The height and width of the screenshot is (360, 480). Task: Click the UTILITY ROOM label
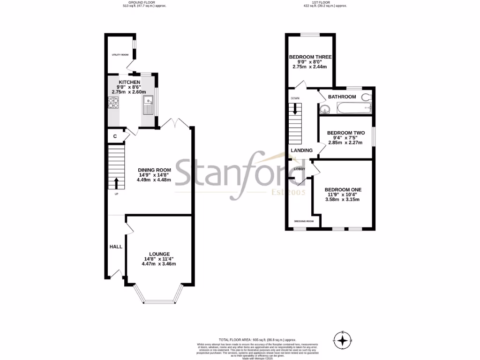tap(120, 55)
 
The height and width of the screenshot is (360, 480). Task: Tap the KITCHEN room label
tap(129, 82)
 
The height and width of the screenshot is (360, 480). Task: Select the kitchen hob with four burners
tap(114, 102)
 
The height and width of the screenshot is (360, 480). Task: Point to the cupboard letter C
tap(115, 136)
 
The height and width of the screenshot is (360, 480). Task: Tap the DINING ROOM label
tap(154, 170)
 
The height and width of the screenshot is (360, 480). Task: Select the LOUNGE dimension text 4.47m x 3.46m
tap(159, 264)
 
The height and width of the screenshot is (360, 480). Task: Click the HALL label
tap(116, 247)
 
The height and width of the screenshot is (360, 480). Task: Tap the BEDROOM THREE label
tap(310, 57)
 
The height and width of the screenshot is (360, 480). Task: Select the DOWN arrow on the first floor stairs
tap(295, 108)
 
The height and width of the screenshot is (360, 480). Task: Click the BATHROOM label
tap(342, 97)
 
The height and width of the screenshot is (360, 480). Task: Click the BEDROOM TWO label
tap(345, 133)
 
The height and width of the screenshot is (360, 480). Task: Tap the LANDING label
tap(302, 150)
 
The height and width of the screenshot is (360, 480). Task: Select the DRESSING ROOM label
tap(304, 221)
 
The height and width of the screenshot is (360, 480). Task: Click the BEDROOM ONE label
tap(343, 190)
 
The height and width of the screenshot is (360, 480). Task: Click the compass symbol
tap(344, 339)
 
